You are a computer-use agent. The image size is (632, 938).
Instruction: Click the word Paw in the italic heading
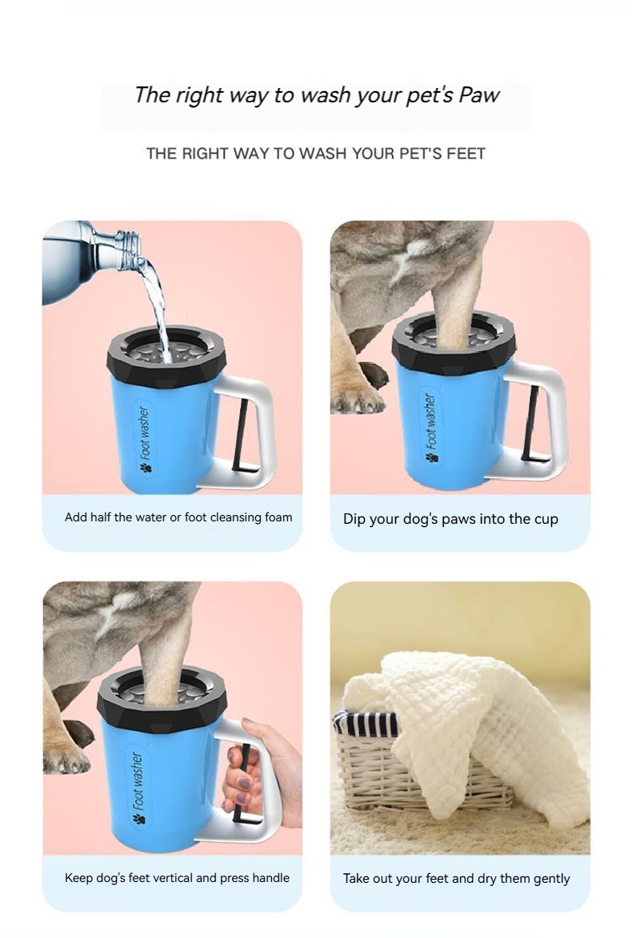[478, 95]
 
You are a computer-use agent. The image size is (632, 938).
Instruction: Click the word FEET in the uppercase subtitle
[466, 154]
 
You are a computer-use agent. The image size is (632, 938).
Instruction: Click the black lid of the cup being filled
[166, 357]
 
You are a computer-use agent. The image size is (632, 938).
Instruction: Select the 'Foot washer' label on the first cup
[144, 438]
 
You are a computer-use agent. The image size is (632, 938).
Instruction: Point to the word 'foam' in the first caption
[278, 517]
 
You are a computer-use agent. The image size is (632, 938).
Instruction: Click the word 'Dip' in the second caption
[354, 519]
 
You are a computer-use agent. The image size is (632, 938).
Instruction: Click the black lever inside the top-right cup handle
[531, 424]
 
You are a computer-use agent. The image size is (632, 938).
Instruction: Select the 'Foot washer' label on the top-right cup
[431, 427]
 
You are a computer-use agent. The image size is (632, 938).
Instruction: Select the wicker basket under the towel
[413, 772]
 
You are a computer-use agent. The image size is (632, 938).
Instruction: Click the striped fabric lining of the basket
[366, 724]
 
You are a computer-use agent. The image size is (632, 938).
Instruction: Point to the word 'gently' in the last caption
[551, 880]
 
